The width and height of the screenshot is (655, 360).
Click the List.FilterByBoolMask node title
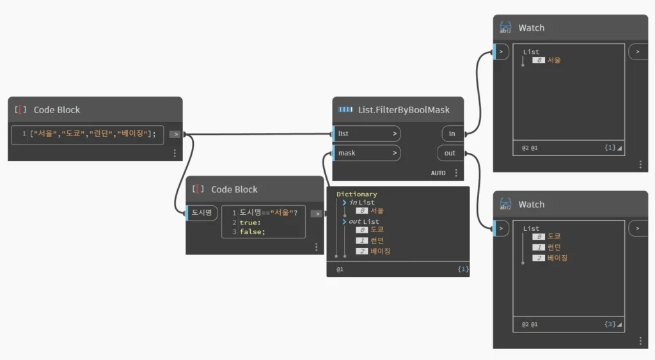click(404, 110)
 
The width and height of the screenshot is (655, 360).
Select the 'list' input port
click(367, 134)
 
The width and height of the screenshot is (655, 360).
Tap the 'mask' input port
click(367, 153)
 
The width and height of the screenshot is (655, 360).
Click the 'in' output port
click(453, 134)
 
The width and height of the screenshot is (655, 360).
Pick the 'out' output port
click(450, 153)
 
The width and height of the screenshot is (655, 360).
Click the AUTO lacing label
click(438, 173)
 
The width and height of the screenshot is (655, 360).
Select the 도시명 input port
click(201, 212)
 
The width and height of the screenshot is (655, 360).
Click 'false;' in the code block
click(252, 231)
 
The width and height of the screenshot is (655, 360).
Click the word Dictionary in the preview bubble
click(357, 194)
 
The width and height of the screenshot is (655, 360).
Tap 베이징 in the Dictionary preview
click(380, 251)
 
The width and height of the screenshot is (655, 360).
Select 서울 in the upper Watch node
click(554, 60)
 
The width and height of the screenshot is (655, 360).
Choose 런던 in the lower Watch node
click(554, 247)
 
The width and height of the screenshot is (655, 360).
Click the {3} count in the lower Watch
click(610, 324)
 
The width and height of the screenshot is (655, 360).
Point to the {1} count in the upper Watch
click(610, 148)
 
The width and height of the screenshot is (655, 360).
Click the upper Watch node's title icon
click(505, 27)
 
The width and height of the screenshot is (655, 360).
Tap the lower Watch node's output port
click(638, 228)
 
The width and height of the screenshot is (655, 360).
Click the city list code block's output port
click(175, 134)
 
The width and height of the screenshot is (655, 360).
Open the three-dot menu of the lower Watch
click(640, 341)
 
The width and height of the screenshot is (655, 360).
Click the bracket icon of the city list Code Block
click(20, 110)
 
